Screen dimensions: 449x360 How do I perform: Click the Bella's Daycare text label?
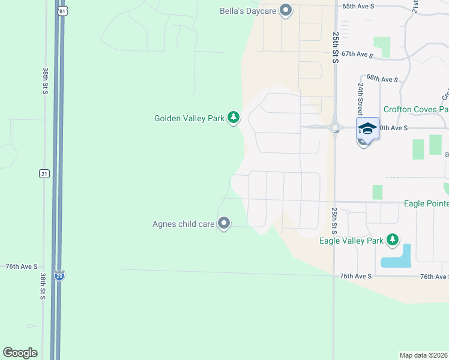pos(248,10)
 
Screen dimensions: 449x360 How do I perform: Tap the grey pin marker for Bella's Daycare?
pos(286,10)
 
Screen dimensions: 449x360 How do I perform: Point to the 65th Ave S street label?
pos(358,5)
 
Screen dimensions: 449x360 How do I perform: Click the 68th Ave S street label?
pos(382,79)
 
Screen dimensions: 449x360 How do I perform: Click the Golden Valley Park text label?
pos(188,118)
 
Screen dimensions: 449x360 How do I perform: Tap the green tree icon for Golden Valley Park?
pos(234,118)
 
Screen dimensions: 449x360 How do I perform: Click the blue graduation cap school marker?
pos(367,128)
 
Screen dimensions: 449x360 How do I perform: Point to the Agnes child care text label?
pos(183,224)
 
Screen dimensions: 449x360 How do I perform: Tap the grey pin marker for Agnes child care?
pos(224,224)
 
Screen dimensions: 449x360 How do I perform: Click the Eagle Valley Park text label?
pos(351,241)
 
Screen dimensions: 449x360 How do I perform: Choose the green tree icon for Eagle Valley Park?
pos(393,240)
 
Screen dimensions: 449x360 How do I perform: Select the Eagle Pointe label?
pos(426,204)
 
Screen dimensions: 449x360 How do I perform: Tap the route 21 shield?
pos(44,173)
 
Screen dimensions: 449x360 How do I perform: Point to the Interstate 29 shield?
pos(59,275)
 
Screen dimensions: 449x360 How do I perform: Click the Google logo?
pos(20,353)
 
